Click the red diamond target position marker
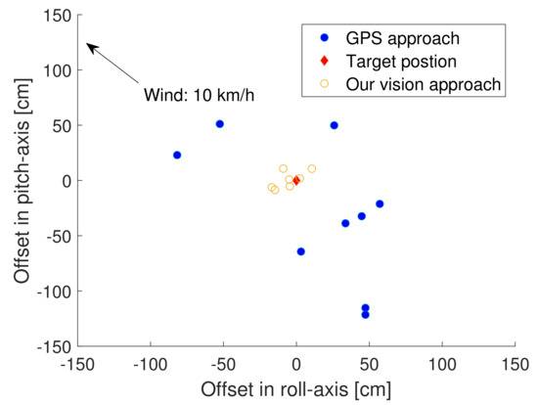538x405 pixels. tap(296, 181)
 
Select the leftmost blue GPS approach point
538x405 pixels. tap(177, 156)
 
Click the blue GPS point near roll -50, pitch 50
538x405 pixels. tap(219, 124)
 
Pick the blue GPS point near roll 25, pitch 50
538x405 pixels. tap(334, 125)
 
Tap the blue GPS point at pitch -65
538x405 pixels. tap(300, 251)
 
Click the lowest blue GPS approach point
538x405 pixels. tap(365, 314)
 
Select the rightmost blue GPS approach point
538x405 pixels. tap(380, 204)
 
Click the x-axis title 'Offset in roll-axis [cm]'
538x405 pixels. tap(296, 388)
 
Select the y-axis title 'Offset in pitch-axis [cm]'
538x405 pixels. tap(22, 181)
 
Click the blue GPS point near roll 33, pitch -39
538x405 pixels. tap(345, 223)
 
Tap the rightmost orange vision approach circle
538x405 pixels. tap(312, 168)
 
